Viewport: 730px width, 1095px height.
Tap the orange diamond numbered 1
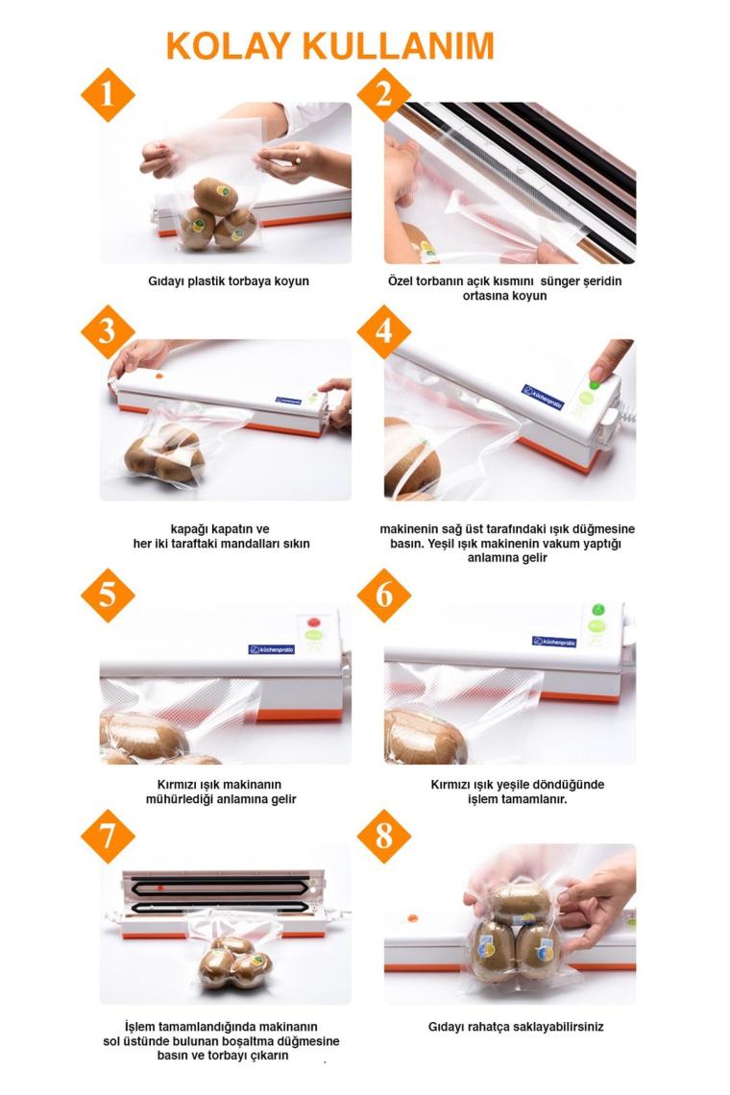[108, 95]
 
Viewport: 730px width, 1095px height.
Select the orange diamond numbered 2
[383, 95]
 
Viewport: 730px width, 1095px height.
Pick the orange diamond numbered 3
[108, 331]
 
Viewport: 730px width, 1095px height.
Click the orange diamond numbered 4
[383, 331]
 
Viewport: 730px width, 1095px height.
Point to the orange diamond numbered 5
[108, 595]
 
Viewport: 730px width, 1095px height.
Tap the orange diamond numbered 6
[383, 595]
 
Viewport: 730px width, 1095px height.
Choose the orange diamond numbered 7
[108, 836]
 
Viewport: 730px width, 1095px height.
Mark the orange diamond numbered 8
[383, 836]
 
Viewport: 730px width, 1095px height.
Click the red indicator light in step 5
[313, 622]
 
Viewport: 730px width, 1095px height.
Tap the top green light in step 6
[598, 610]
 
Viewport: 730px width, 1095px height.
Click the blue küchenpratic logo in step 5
[272, 649]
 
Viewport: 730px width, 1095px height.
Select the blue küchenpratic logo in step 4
[543, 397]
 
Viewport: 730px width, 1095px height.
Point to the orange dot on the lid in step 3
[159, 377]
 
